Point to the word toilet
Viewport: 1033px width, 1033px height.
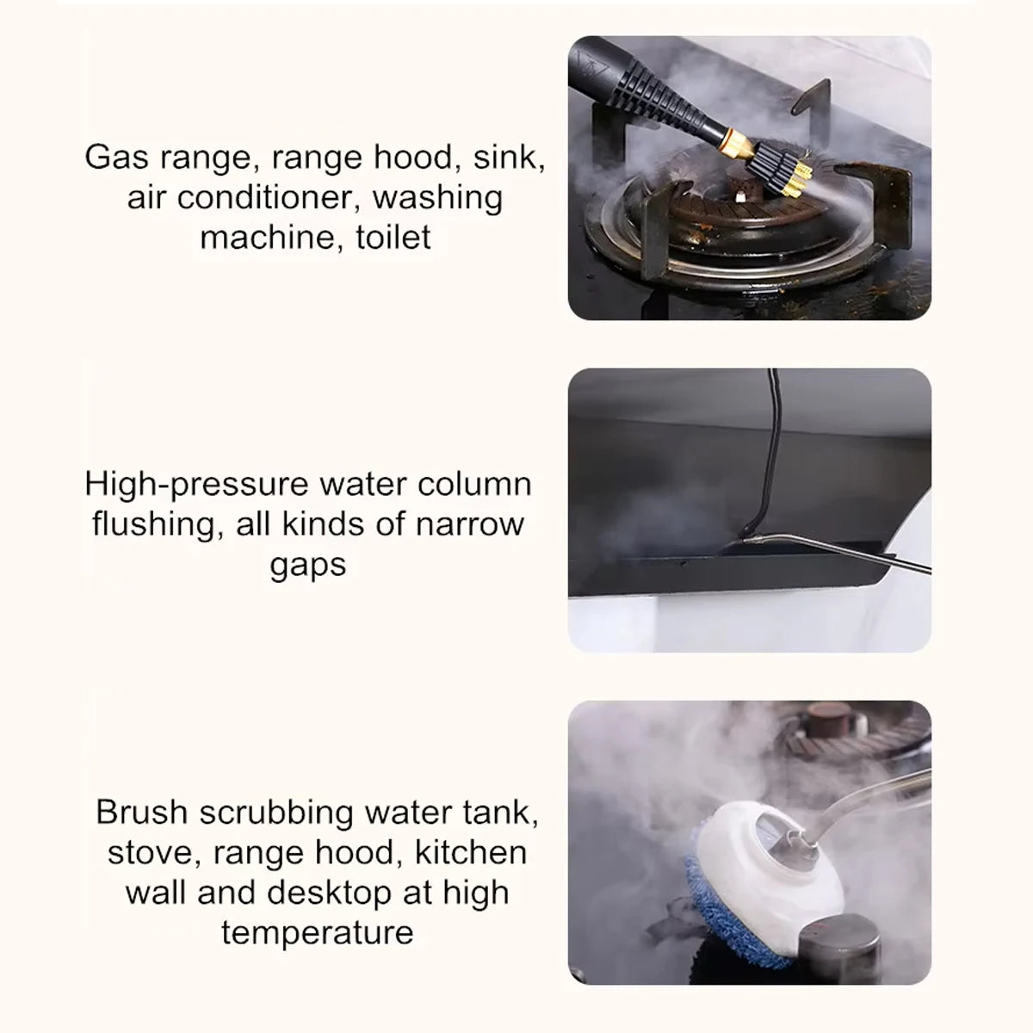tap(393, 238)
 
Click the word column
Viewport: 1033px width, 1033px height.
tap(474, 485)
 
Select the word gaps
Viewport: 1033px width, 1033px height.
tap(308, 566)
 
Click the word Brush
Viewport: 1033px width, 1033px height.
tap(141, 813)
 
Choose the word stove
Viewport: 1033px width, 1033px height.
tap(152, 853)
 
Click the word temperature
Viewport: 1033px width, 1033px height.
tap(317, 933)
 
